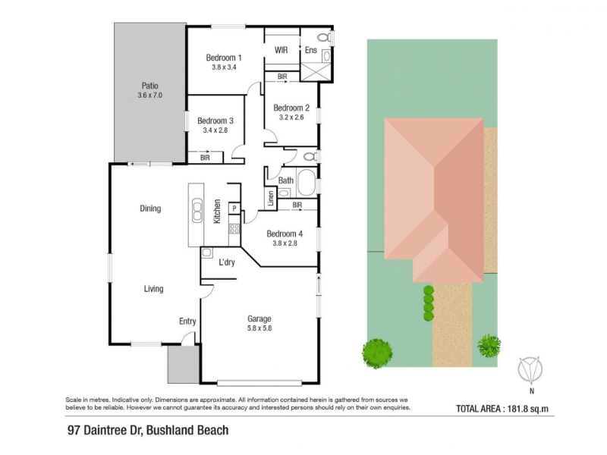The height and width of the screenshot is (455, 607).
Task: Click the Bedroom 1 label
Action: click(x=224, y=58)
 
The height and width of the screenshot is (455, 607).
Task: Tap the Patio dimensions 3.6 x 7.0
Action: click(x=149, y=96)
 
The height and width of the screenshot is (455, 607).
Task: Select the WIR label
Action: click(x=281, y=50)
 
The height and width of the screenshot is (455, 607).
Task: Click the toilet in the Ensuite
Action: click(x=324, y=37)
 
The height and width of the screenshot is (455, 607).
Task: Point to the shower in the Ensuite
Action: click(x=316, y=72)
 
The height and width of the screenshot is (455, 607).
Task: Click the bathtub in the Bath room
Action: click(x=307, y=183)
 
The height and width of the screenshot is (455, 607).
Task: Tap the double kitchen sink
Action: click(x=197, y=210)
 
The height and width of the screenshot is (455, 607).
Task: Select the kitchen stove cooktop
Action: click(x=234, y=229)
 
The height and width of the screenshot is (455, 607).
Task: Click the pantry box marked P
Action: click(x=234, y=208)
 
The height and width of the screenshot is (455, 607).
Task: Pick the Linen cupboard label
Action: click(x=271, y=198)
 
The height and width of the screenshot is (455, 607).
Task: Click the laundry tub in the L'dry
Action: click(x=207, y=253)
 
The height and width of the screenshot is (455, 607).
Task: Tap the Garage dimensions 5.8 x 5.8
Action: click(x=259, y=328)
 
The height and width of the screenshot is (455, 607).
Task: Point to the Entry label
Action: click(x=187, y=321)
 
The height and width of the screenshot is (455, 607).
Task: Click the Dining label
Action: click(x=150, y=209)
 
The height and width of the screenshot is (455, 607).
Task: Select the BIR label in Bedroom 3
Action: click(x=205, y=158)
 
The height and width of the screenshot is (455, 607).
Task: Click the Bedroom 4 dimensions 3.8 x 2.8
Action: click(x=285, y=243)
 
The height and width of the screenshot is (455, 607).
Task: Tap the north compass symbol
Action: click(x=530, y=369)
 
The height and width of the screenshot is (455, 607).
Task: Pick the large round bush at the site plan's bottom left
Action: click(x=377, y=353)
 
